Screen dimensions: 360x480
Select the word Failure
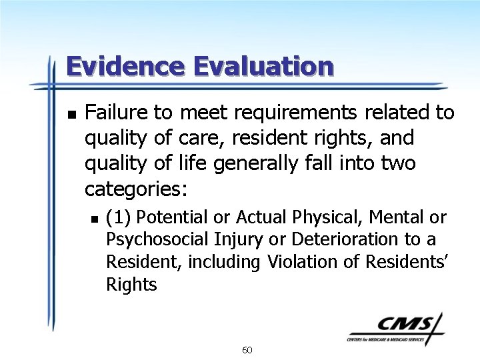point(115,113)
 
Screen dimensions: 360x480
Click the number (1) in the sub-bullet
point(119,217)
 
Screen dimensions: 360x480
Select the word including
point(224,263)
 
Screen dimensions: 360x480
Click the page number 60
point(247,350)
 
